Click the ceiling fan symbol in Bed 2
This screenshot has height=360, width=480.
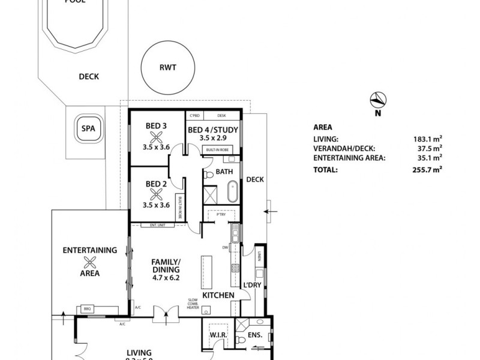point(157,193)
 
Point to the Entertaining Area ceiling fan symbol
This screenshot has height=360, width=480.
point(89,262)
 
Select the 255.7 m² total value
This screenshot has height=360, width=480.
point(429,170)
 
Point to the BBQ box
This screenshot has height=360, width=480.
point(83,310)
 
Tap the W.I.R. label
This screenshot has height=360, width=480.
point(217,335)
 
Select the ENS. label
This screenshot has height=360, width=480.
point(255,335)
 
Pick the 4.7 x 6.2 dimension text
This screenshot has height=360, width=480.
point(166,278)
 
